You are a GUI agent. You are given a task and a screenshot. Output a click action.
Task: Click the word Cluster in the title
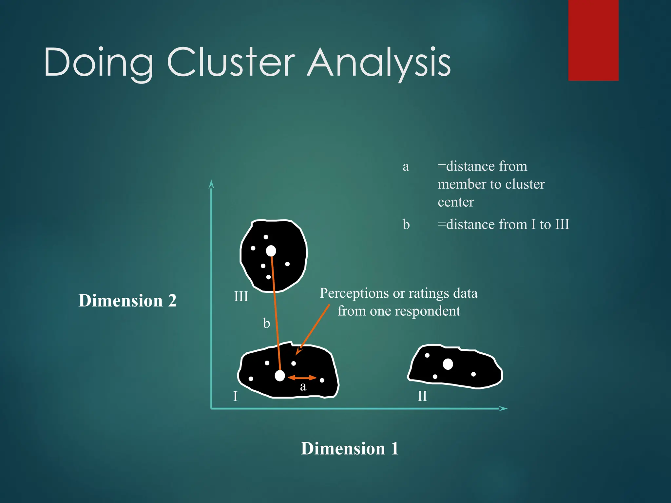coord(231,62)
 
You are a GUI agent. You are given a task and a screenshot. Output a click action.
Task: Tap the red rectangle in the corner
coord(593,40)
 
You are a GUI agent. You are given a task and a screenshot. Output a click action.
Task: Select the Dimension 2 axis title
coord(127,300)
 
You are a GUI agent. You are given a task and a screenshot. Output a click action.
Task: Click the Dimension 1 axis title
coord(350,448)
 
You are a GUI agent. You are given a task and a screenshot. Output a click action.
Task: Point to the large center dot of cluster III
coord(271,251)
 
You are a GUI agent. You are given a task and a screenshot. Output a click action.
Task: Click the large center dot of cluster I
coord(280,376)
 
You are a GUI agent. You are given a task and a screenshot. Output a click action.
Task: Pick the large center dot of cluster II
coord(448,364)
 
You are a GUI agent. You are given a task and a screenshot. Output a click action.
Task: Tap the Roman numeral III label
coord(241,297)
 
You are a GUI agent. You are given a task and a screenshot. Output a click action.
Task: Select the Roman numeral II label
coord(422,397)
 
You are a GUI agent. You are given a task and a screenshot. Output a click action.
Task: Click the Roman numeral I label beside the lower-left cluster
coord(235,397)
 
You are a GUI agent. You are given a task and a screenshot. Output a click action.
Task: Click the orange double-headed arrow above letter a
coord(302,378)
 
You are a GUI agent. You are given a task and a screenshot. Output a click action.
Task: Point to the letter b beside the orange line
coord(267,324)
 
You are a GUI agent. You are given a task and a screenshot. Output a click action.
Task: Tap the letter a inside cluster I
coord(303,387)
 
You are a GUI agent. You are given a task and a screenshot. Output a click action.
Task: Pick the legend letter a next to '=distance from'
coord(406,167)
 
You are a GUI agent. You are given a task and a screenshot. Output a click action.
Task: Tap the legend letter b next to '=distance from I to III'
coord(406,225)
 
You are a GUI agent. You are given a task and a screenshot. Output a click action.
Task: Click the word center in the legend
coord(456,202)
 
